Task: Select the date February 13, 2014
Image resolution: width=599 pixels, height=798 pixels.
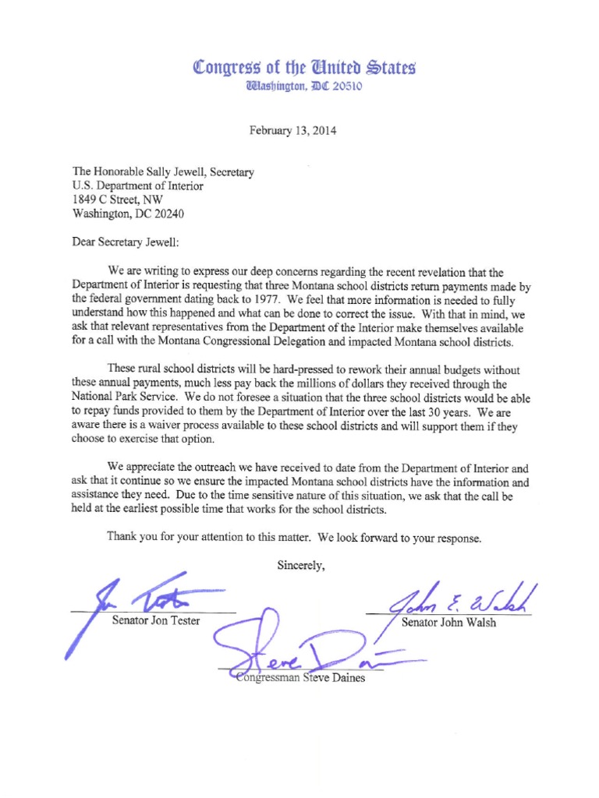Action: point(292,131)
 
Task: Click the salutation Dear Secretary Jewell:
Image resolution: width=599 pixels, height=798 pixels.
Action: point(126,242)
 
